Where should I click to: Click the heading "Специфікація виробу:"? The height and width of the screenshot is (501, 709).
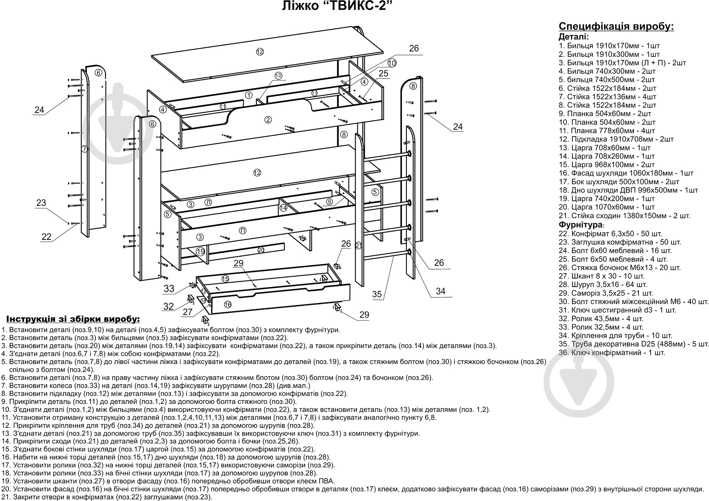(616, 26)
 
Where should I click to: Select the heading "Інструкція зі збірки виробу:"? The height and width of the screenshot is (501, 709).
(73, 319)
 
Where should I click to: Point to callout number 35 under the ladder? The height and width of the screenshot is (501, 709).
(377, 294)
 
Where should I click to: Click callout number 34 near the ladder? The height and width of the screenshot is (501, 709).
(441, 291)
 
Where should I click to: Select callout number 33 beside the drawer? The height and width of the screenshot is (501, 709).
(169, 288)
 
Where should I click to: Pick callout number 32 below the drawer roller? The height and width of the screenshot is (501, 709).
(168, 306)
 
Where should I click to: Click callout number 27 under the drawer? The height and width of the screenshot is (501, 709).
(188, 312)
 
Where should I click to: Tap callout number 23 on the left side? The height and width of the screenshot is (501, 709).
(41, 203)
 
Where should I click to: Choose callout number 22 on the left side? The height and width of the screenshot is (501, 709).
(46, 237)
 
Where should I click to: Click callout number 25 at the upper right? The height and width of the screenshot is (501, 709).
(383, 73)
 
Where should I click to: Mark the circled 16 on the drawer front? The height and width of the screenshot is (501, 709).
(228, 305)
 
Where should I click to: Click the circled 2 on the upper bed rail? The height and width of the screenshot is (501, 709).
(268, 120)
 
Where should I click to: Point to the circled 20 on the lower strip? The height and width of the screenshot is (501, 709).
(261, 250)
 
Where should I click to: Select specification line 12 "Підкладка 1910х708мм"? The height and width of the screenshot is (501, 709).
(616, 139)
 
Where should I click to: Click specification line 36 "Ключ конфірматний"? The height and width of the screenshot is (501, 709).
(612, 352)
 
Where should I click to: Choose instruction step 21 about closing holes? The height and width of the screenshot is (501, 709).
(107, 497)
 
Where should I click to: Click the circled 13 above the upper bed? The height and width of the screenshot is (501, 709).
(279, 75)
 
